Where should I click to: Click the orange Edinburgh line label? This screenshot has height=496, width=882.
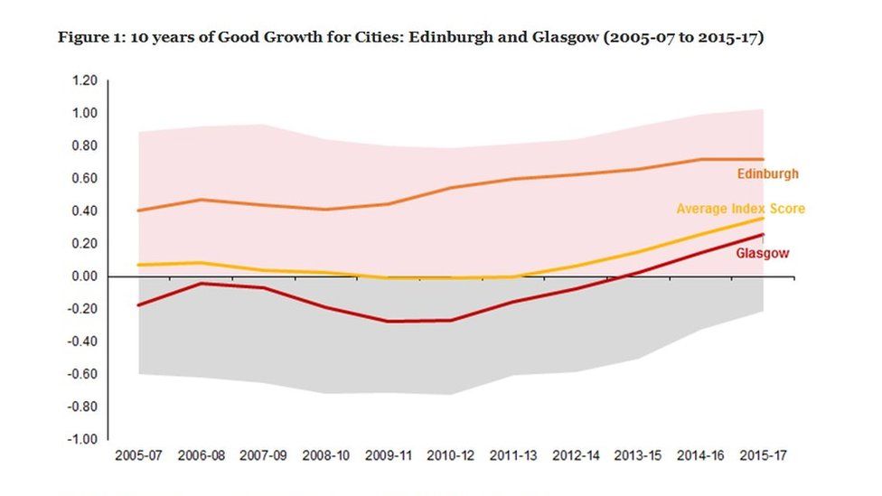(x=768, y=173)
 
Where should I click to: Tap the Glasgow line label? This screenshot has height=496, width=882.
(x=762, y=254)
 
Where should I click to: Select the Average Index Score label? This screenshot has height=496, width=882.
(x=740, y=209)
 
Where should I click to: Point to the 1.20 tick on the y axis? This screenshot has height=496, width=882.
(x=84, y=80)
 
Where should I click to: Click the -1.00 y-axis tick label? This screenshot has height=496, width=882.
(x=82, y=439)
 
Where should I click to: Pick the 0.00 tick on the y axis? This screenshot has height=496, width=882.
(x=84, y=276)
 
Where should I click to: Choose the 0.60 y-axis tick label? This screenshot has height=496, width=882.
(x=84, y=178)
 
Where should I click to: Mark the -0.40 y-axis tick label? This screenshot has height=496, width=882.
(x=82, y=342)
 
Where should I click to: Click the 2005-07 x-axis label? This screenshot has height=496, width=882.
(x=138, y=456)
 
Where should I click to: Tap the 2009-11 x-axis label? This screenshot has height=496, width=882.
(x=388, y=456)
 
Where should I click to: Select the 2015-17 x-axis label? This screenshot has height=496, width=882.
(x=762, y=456)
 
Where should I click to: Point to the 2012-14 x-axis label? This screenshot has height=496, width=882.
(x=575, y=456)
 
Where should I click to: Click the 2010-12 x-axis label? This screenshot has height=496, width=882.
(x=450, y=456)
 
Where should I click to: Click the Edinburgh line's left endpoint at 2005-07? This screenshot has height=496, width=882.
(x=138, y=211)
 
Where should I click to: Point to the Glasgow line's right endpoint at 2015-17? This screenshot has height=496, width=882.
(x=763, y=235)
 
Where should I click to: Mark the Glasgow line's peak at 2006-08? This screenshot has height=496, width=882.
(x=201, y=283)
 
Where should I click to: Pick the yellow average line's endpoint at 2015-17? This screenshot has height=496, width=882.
(x=763, y=218)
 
